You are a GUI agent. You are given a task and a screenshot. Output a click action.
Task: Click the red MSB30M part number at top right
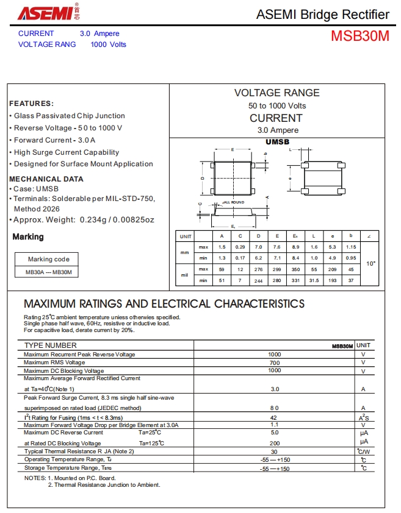coord(359,36)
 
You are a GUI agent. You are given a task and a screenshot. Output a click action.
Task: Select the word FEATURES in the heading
coord(31,104)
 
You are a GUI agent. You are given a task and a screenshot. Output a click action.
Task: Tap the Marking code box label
coord(49,259)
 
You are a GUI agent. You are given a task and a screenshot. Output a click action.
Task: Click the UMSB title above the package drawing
coord(277,141)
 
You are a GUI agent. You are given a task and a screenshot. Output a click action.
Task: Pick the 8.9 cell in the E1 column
coord(296,247)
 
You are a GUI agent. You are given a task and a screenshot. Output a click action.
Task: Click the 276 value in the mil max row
coord(259,269)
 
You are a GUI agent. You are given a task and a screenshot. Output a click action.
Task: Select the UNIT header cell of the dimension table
coord(185,236)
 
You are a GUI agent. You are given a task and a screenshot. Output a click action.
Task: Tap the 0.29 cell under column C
coord(240,247)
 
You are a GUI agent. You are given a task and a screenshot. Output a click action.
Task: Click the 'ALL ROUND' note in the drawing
coord(233,202)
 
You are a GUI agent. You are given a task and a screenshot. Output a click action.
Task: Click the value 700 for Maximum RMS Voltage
coord(275,363)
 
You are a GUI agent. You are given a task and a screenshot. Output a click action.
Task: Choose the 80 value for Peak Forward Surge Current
coord(275,408)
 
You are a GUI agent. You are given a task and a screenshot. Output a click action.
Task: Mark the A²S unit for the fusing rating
coord(363,417)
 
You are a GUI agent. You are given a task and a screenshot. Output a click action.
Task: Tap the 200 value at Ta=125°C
coord(275,443)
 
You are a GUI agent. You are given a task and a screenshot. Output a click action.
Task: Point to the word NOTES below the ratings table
coord(34,478)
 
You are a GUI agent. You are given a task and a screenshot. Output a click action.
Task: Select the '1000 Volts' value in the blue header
coord(108,44)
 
